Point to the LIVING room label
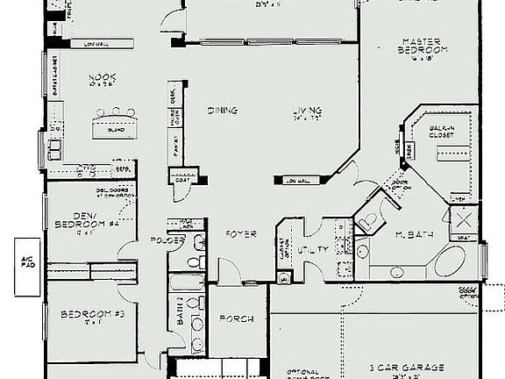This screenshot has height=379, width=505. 308,111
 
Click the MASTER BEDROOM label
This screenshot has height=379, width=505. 424,46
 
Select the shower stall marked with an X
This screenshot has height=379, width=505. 461,218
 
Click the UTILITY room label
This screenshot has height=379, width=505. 313,250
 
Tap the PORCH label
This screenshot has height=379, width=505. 235,318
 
